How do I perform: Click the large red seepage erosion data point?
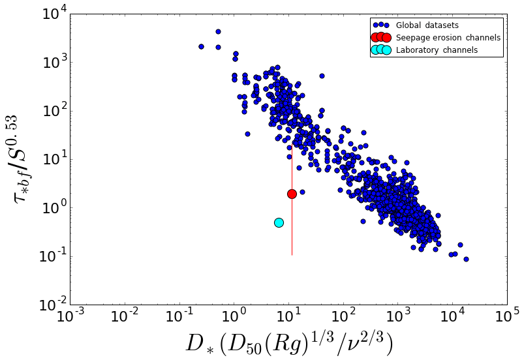coord(292,194)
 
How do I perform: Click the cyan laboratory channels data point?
coord(279,222)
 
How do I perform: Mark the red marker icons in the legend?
coord(380,38)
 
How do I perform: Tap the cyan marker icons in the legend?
coord(380,50)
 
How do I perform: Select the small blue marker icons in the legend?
coord(380,25)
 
